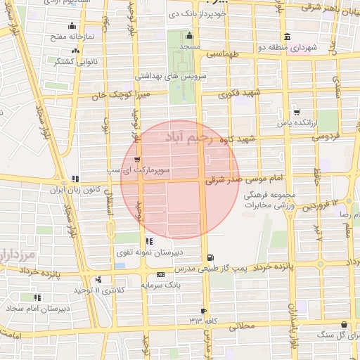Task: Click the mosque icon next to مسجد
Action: coord(188,37)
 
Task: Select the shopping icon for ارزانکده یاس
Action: coord(297,112)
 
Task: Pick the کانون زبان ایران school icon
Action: coord(75,179)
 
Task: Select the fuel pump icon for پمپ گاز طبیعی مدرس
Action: coord(211,257)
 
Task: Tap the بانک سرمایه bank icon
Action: coord(160,274)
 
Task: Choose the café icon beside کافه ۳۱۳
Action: coord(204,310)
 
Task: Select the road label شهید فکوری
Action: coord(239,94)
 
